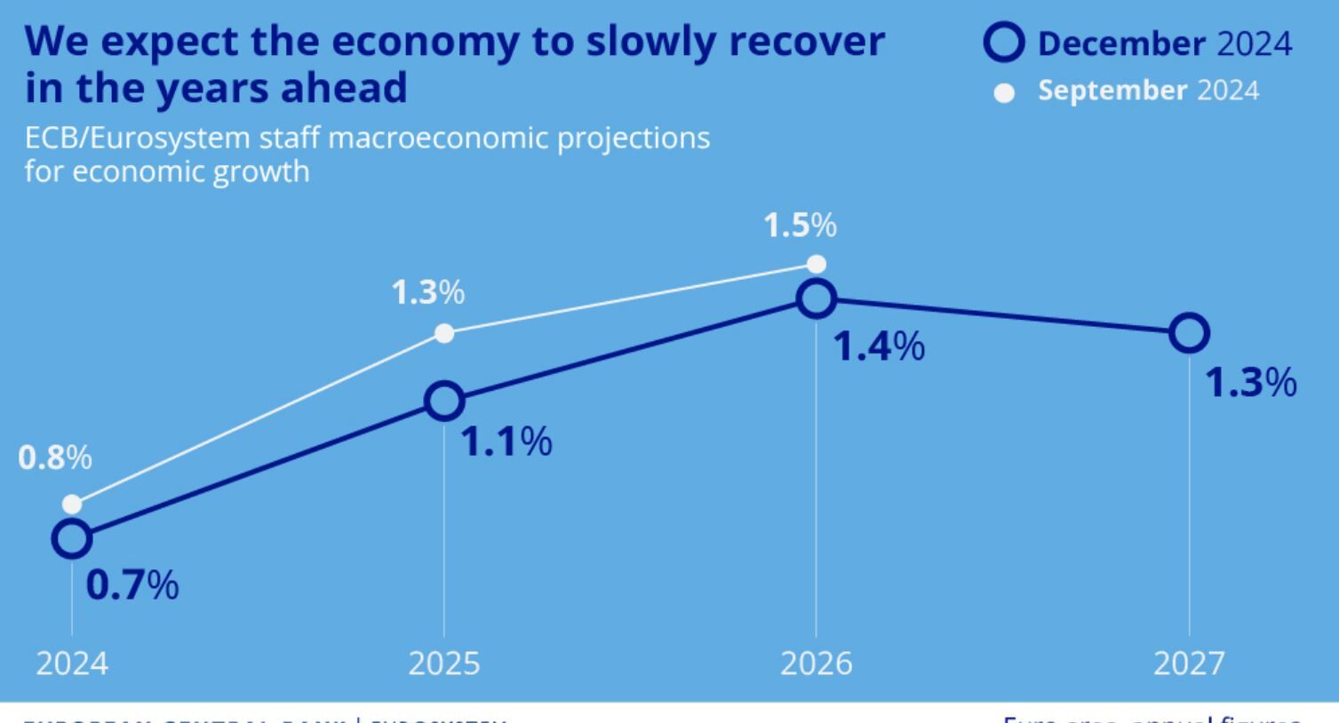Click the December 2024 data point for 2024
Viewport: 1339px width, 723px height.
click(x=72, y=538)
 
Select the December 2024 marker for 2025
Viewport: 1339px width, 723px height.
click(x=444, y=401)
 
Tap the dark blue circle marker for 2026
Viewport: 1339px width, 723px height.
click(x=817, y=298)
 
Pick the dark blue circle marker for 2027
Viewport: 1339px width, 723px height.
click(x=1189, y=333)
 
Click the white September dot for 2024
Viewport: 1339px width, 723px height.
click(x=72, y=505)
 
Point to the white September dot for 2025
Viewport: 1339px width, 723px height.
click(x=444, y=333)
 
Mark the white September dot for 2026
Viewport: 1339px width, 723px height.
click(x=817, y=264)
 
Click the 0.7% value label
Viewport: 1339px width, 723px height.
click(x=132, y=586)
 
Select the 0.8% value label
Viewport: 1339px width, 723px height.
click(x=55, y=458)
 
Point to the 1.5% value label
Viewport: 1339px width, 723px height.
click(x=800, y=226)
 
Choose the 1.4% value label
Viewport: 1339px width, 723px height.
click(x=879, y=346)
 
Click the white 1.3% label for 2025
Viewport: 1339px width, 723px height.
click(x=428, y=292)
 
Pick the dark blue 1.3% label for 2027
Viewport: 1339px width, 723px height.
click(x=1250, y=383)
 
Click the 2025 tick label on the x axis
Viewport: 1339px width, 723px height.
click(x=444, y=663)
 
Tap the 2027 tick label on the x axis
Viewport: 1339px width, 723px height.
click(x=1189, y=663)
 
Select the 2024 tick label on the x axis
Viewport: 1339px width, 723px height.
click(x=72, y=663)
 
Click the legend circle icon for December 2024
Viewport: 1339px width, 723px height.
click(x=1004, y=43)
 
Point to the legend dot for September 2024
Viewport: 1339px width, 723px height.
click(x=1004, y=93)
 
